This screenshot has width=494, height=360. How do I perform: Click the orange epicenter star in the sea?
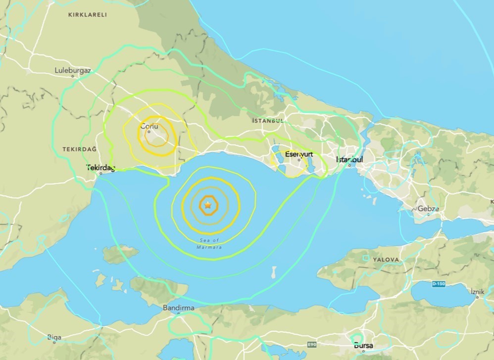208,204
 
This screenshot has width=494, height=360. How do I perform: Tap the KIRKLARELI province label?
87,15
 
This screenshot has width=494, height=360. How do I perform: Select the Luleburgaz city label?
73,70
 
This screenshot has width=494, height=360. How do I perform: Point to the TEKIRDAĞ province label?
79,149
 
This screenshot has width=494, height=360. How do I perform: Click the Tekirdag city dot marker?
101,173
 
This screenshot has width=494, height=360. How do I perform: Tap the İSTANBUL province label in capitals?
268,121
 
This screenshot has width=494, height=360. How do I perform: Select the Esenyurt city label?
299,154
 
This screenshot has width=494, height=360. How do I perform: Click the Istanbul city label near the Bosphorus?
349,159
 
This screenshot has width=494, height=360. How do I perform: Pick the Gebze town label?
428,208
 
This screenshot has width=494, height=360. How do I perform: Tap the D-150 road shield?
439,284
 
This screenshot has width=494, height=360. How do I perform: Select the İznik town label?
477,292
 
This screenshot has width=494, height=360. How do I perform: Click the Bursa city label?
363,345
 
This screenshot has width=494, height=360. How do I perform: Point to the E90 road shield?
311,344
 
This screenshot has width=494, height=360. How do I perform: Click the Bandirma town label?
178,308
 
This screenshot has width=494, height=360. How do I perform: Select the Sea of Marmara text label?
208,243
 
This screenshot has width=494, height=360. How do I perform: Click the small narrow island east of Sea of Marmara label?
274,272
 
